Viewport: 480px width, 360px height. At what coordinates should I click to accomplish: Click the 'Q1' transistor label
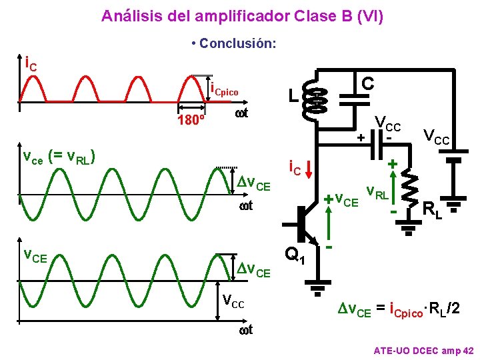295,255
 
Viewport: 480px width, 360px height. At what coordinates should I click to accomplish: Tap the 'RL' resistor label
433,210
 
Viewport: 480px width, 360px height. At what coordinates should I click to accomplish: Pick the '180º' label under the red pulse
191,121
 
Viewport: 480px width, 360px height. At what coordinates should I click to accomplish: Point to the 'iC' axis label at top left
30,65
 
